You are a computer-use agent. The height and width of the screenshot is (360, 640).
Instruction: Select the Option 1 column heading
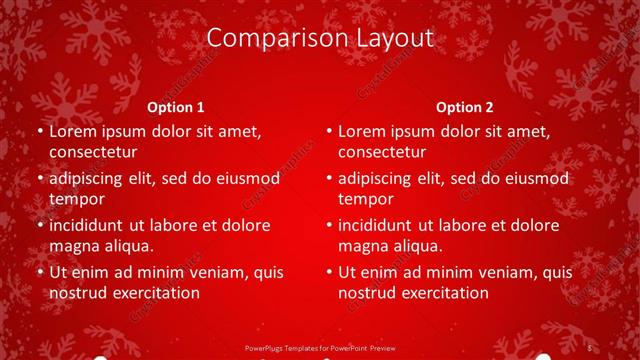click(x=176, y=107)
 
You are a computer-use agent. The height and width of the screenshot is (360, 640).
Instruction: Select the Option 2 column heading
click(x=465, y=107)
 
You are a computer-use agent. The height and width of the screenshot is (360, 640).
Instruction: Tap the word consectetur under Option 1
click(x=93, y=152)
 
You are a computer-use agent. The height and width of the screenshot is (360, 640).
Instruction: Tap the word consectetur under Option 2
click(x=382, y=152)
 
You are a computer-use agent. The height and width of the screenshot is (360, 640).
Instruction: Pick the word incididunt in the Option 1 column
click(x=92, y=225)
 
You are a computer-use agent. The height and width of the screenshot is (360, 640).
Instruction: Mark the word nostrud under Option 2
click(x=369, y=293)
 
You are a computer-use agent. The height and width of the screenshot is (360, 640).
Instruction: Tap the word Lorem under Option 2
click(x=361, y=131)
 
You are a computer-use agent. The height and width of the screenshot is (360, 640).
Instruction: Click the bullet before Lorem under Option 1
click(x=39, y=131)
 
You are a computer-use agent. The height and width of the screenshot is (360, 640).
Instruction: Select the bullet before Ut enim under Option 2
click(x=328, y=272)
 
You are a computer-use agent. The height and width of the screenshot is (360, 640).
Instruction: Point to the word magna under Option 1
click(x=73, y=246)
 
